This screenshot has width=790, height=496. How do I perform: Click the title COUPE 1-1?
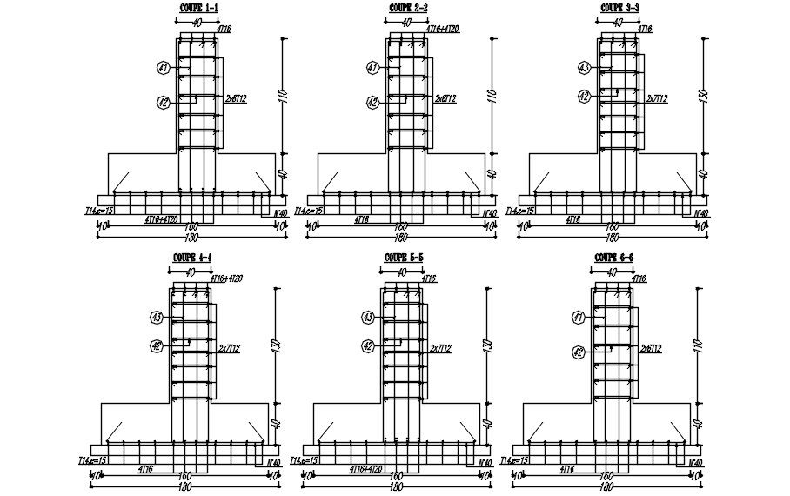coord(194,8)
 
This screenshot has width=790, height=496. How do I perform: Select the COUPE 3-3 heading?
coord(620,8)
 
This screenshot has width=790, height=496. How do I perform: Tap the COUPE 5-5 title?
coord(402,258)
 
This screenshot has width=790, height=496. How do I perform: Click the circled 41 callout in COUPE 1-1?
coord(163,67)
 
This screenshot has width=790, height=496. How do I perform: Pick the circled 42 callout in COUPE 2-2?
coord(372,102)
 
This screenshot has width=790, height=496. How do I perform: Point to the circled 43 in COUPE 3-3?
coord(584,67)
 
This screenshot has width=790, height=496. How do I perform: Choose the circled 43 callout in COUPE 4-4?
coord(157,318)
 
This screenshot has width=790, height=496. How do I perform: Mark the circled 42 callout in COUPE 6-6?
coord(578,352)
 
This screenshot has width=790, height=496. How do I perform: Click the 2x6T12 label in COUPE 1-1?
coord(236,100)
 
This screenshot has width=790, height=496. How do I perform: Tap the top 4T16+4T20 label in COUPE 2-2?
coord(443,30)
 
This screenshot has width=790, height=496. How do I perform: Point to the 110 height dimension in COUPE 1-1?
coord(282,97)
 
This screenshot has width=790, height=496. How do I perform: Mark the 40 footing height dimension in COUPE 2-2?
coord(492,175)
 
